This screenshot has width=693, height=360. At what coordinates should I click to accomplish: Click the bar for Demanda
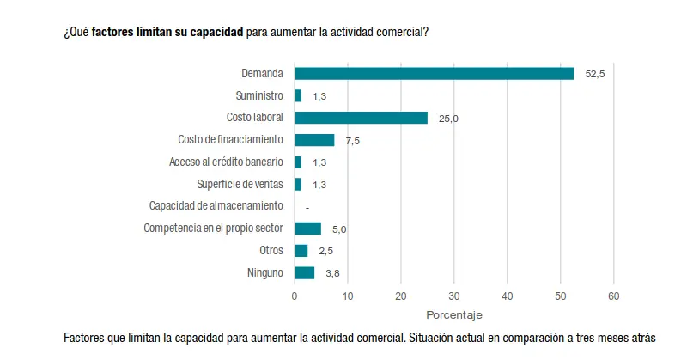(x=434, y=73)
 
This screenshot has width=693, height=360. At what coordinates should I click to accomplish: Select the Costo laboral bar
(x=361, y=118)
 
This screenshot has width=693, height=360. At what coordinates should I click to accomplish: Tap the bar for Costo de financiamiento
(x=314, y=140)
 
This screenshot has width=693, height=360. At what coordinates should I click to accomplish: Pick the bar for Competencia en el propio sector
(x=307, y=229)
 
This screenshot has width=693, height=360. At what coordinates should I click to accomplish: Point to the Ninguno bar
(x=305, y=273)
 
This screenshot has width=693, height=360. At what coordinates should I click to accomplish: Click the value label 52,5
(x=595, y=74)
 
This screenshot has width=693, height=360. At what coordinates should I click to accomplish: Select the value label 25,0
(x=448, y=119)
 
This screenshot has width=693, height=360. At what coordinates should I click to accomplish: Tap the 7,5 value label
(x=353, y=141)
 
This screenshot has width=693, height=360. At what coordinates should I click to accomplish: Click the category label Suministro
(x=259, y=95)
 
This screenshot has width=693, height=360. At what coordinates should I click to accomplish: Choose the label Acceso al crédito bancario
(x=226, y=162)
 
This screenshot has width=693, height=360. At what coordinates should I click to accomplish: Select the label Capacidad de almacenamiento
(x=216, y=206)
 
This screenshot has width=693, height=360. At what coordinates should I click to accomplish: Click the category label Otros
(x=271, y=251)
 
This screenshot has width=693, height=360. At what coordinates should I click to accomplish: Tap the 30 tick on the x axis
(x=453, y=296)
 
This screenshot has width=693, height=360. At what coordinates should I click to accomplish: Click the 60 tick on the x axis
(x=613, y=296)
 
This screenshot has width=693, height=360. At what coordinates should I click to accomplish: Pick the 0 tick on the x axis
(x=295, y=296)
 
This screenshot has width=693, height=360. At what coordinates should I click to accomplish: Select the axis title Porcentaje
(x=453, y=314)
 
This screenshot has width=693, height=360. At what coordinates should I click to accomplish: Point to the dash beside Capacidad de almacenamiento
(x=307, y=207)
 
